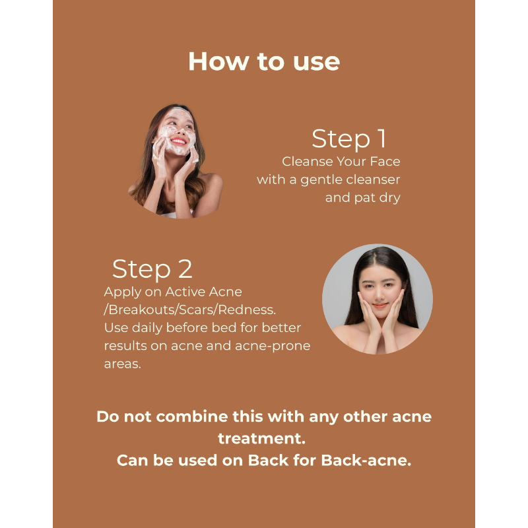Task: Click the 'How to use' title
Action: click(x=264, y=61)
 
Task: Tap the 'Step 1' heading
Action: click(x=348, y=139)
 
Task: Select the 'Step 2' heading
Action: click(x=152, y=269)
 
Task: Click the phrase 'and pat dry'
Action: click(x=362, y=197)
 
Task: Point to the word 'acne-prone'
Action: click(x=277, y=346)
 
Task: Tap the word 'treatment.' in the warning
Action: click(x=264, y=438)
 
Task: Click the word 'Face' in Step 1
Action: click(x=383, y=161)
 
